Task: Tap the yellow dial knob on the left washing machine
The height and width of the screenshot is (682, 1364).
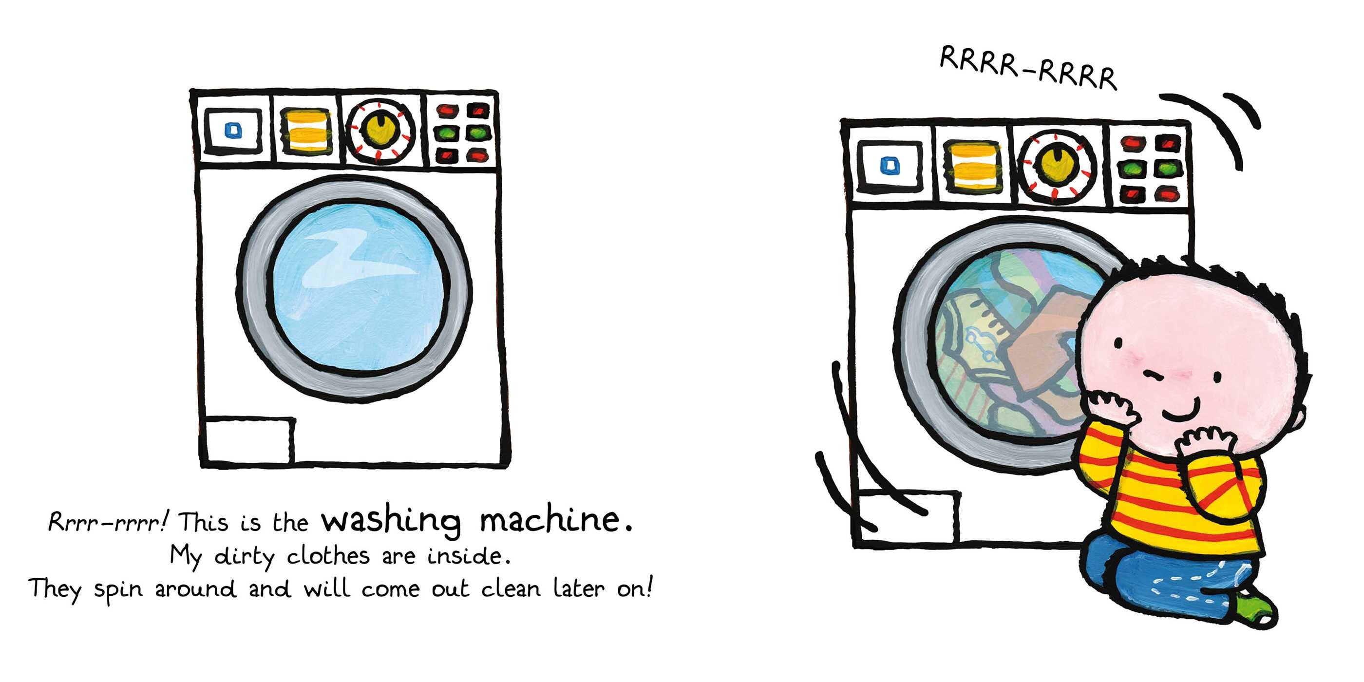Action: coord(379,130)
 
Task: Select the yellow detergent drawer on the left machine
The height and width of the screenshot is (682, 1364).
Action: coord(306,131)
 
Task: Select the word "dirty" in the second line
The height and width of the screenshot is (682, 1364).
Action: coord(244,556)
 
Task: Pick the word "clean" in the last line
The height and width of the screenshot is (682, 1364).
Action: coord(510,588)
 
